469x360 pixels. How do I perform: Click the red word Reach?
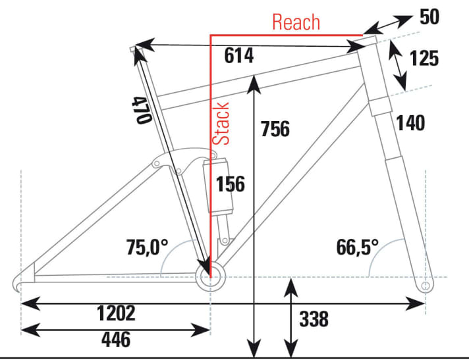coord(296,22)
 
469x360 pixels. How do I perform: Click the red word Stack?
coord(223,123)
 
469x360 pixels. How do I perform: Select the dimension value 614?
coord(238,57)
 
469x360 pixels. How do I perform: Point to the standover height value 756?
coord(275,129)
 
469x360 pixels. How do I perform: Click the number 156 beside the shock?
coord(230,184)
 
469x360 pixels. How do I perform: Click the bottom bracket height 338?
coord(314,319)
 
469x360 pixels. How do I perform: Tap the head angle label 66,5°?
coord(357,247)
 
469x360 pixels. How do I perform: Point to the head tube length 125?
coord(423,59)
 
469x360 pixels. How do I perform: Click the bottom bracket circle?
coord(210,274)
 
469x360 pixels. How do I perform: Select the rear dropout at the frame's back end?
coord(19,283)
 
